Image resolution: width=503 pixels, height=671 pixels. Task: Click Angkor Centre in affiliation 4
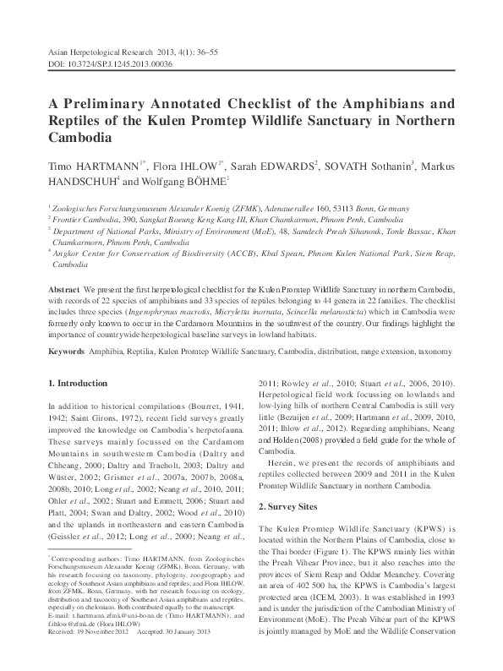(81, 252)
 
